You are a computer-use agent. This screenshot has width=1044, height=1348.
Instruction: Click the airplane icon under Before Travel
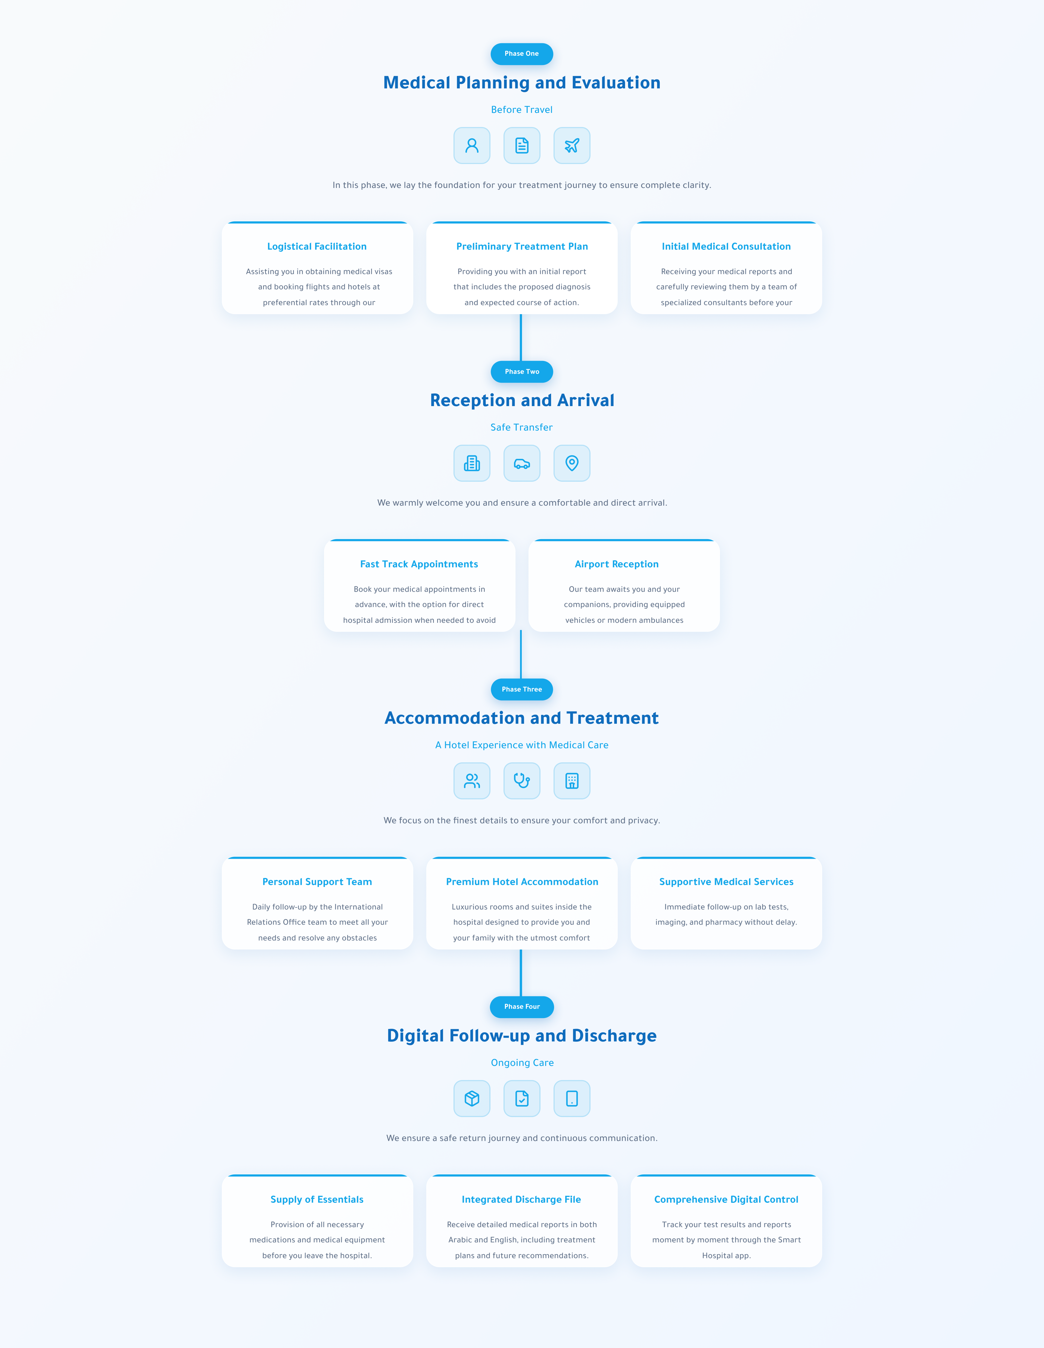(x=572, y=146)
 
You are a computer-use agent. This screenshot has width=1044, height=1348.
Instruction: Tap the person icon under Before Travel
(x=472, y=146)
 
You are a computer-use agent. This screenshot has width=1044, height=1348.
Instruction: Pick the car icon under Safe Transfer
(x=522, y=463)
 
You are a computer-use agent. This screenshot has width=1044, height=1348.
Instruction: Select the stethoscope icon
(x=522, y=781)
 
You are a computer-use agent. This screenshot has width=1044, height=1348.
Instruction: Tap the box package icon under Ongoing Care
(x=472, y=1099)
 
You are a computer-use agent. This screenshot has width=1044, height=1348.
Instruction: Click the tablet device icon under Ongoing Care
(x=572, y=1099)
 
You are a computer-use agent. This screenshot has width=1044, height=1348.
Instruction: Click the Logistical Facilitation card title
(x=317, y=246)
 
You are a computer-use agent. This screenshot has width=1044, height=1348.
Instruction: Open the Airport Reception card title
(x=616, y=564)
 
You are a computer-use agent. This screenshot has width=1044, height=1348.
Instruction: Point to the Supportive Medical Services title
(x=726, y=882)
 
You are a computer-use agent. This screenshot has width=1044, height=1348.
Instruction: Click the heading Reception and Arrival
(x=522, y=401)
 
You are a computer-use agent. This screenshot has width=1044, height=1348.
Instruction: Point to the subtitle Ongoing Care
(x=522, y=1063)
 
